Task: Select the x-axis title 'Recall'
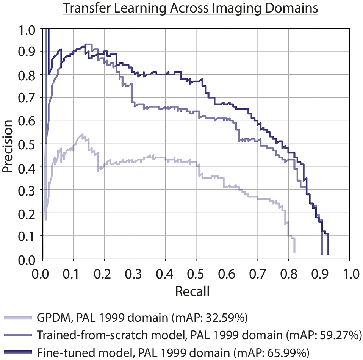[x=192, y=292]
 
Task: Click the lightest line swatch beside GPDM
[x=19, y=318]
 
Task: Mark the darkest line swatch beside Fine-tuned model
[x=19, y=353]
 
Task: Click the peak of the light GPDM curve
[x=81, y=135]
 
